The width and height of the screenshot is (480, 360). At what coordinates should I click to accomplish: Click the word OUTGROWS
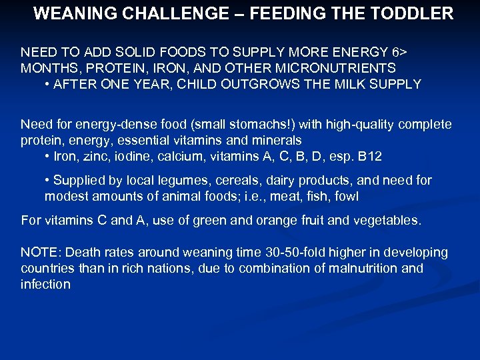click(259, 84)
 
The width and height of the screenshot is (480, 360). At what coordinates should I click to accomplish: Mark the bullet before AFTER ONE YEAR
click(48, 85)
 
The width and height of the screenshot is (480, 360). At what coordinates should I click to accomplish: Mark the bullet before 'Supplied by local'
click(48, 181)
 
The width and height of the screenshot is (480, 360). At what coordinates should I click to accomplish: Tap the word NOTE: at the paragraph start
click(41, 253)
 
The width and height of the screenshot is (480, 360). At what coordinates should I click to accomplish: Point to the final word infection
click(45, 285)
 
